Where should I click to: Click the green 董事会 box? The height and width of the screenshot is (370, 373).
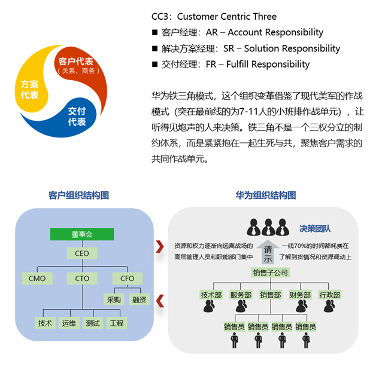82,234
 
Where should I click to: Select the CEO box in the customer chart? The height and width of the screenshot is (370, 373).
82,253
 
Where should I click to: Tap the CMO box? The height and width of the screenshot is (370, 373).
37,279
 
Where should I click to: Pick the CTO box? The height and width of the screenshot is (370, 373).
82,279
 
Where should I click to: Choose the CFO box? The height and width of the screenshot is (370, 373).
128,279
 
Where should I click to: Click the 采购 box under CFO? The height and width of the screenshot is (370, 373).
114,299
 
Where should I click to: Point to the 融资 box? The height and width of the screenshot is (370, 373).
140,299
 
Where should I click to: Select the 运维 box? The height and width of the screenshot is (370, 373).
69,323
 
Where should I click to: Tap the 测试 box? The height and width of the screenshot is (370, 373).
93,323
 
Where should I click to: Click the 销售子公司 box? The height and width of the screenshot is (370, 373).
271,273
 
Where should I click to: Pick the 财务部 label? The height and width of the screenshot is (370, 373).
300,295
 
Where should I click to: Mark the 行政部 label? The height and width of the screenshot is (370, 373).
330,295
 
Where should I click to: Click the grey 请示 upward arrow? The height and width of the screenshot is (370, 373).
268,252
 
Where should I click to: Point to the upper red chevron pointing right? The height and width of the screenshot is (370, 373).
160,246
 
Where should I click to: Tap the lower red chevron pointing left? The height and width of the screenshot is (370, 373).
160,301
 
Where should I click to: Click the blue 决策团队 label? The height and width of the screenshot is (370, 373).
315,229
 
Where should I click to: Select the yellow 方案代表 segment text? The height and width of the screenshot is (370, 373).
30,90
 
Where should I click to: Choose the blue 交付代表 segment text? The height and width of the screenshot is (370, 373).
77,117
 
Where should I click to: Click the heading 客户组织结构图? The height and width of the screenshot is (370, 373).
79,195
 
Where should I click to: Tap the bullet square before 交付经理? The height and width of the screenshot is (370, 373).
154,64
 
